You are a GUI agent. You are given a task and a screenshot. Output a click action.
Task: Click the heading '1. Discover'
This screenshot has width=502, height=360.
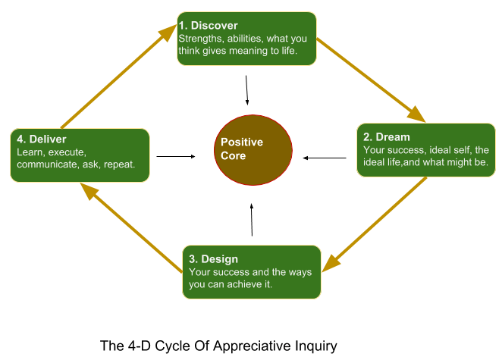click(x=208, y=26)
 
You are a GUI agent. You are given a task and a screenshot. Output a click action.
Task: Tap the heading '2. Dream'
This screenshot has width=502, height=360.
click(x=387, y=137)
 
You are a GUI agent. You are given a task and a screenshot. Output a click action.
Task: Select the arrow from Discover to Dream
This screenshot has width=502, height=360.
click(x=372, y=80)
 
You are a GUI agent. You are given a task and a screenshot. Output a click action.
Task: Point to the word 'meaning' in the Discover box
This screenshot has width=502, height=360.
click(x=254, y=51)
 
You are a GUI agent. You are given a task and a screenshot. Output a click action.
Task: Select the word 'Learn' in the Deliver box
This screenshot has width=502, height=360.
click(x=29, y=152)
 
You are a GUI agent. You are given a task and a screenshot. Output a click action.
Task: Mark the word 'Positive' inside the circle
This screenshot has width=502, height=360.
click(x=241, y=142)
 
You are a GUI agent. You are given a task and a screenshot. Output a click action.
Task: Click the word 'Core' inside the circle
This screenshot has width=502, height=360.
click(x=233, y=155)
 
